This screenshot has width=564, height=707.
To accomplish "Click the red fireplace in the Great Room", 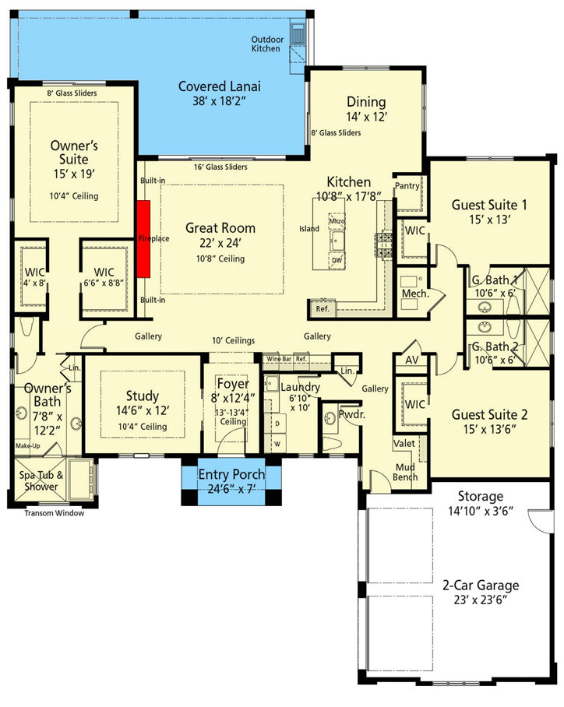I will click(x=143, y=238).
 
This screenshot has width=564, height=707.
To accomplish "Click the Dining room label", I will click(x=366, y=102).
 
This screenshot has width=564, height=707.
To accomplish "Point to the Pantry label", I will click(x=407, y=186).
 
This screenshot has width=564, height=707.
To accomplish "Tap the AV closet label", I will click(x=411, y=361).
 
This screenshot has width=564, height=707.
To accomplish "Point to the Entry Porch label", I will click(x=231, y=475).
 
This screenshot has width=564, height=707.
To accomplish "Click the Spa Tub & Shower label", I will click(x=40, y=481).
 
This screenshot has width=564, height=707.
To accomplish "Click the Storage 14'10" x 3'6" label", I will click(x=480, y=503).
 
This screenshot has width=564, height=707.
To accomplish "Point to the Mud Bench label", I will click(x=405, y=472).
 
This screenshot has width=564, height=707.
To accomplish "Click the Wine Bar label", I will click(x=278, y=359).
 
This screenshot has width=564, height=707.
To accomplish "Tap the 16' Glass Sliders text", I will click(x=220, y=167).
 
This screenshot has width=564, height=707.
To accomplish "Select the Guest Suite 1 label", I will click(x=489, y=205).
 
